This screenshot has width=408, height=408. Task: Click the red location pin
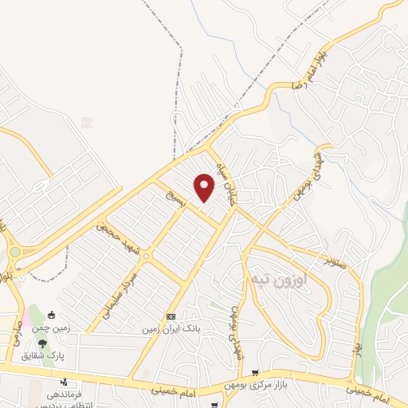(205, 187)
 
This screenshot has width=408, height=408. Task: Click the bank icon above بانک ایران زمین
(170, 316)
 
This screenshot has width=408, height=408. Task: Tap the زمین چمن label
(52, 328)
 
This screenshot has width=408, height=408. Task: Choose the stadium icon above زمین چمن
(53, 315)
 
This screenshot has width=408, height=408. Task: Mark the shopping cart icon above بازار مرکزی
(255, 373)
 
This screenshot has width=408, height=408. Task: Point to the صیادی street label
(16, 334)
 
